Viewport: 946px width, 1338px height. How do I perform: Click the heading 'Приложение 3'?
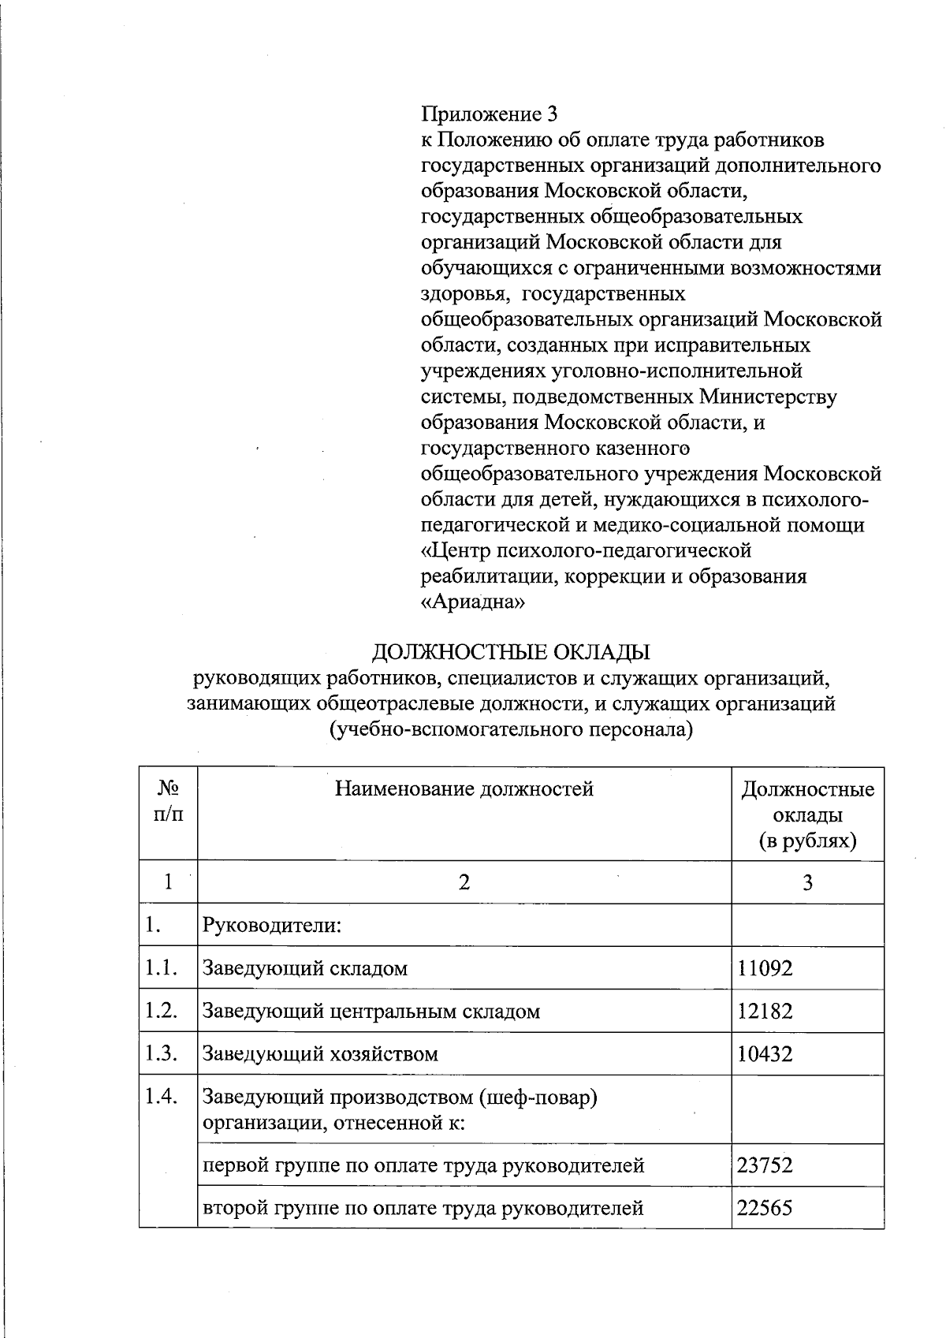tap(490, 114)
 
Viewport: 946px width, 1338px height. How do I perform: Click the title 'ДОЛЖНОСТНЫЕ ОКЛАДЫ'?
tap(511, 652)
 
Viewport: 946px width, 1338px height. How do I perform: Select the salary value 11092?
tap(765, 968)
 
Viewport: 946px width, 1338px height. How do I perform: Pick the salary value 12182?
tap(765, 1011)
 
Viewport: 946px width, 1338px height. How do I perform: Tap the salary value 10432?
tap(765, 1054)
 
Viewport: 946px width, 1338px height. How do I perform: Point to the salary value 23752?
tap(765, 1165)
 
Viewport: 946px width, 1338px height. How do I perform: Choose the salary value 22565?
tap(765, 1207)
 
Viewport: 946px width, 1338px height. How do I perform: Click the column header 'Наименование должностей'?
tap(464, 788)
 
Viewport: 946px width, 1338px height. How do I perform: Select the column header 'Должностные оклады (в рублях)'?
tap(807, 814)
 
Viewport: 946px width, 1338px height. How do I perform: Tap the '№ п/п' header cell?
tap(168, 801)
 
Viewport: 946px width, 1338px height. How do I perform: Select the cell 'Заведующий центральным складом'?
tap(371, 1012)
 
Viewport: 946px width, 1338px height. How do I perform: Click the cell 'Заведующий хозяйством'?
tap(320, 1054)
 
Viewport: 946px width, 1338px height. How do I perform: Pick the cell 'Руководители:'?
tap(272, 925)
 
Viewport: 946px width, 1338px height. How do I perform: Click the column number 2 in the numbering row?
tap(464, 882)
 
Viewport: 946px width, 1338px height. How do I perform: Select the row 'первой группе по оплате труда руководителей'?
tap(423, 1165)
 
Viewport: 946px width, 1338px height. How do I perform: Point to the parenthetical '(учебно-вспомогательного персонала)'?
tap(511, 729)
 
